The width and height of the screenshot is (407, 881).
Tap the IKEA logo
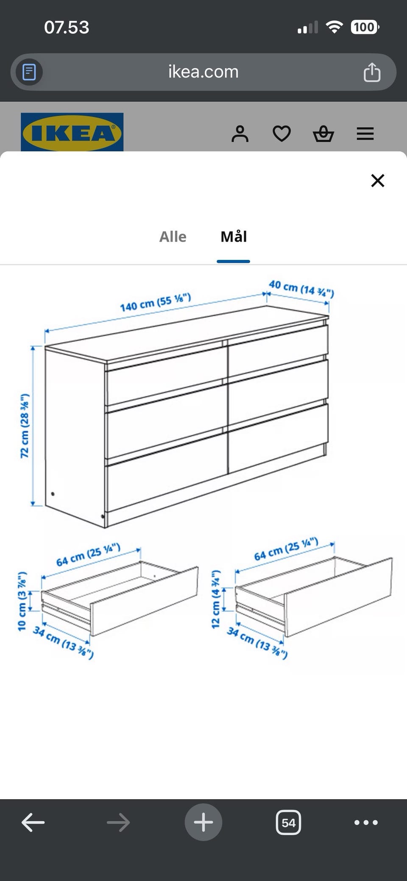click(72, 132)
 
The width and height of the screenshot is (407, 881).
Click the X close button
click(377, 181)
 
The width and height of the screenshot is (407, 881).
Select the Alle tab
click(173, 237)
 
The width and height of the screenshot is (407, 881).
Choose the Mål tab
click(234, 236)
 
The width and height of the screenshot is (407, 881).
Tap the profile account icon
click(240, 134)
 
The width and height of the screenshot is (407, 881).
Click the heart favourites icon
click(282, 134)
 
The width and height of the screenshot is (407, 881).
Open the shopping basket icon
click(323, 134)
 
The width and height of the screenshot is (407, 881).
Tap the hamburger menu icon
click(365, 134)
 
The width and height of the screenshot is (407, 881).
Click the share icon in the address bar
click(372, 72)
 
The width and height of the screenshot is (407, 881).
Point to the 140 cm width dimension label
click(155, 303)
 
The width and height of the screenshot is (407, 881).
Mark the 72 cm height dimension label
click(25, 426)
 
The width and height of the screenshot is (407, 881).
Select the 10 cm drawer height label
click(22, 601)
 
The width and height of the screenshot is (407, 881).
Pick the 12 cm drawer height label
click(216, 599)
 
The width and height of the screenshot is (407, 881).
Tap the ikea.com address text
click(203, 72)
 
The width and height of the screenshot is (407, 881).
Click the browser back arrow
click(33, 822)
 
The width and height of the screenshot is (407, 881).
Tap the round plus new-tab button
click(203, 822)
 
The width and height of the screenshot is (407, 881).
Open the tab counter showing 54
click(288, 822)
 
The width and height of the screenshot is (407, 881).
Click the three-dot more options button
click(366, 822)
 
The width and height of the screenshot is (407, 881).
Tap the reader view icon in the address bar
click(29, 72)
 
